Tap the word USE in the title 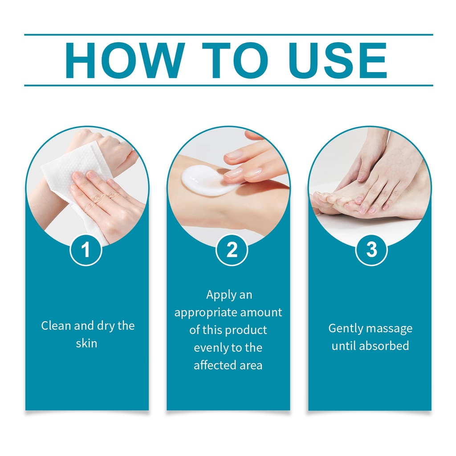point(338,60)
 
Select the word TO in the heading point(235,60)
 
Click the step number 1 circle point(86,250)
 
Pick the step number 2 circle point(232,250)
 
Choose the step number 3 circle point(371,250)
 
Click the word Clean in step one point(56,326)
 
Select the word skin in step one point(86,343)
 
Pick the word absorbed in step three point(384,346)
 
